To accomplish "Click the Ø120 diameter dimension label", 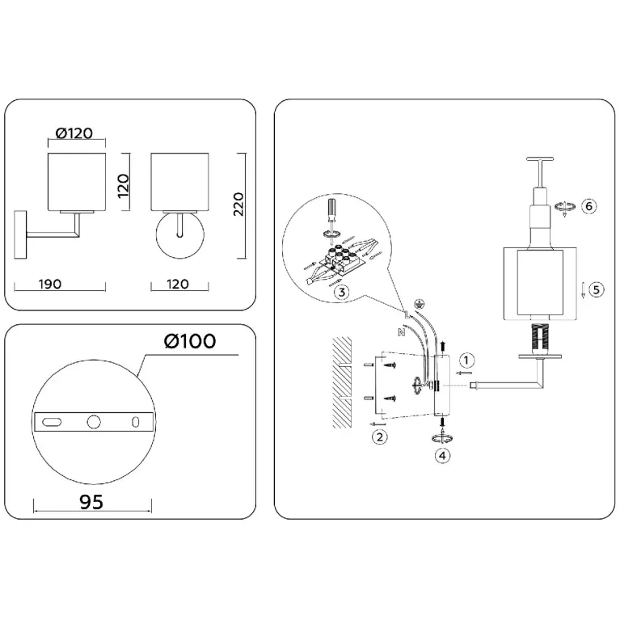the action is [74, 133].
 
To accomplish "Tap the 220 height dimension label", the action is [238, 204].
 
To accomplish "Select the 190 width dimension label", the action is [50, 284].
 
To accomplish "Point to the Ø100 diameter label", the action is [190, 341].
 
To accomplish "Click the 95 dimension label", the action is [91, 502].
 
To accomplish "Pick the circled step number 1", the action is [466, 361].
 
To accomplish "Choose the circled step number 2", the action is [380, 437].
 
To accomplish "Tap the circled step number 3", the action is [342, 292].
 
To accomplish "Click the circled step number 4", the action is [442, 456].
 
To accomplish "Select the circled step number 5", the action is [596, 289].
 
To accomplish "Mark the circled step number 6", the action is [588, 206].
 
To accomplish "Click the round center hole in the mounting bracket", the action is [94, 422].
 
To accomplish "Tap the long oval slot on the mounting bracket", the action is [52, 422].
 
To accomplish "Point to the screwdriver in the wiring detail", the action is [331, 213].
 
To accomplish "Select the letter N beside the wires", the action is [401, 332].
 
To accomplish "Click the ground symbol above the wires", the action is [419, 304].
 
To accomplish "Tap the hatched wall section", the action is [342, 382].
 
